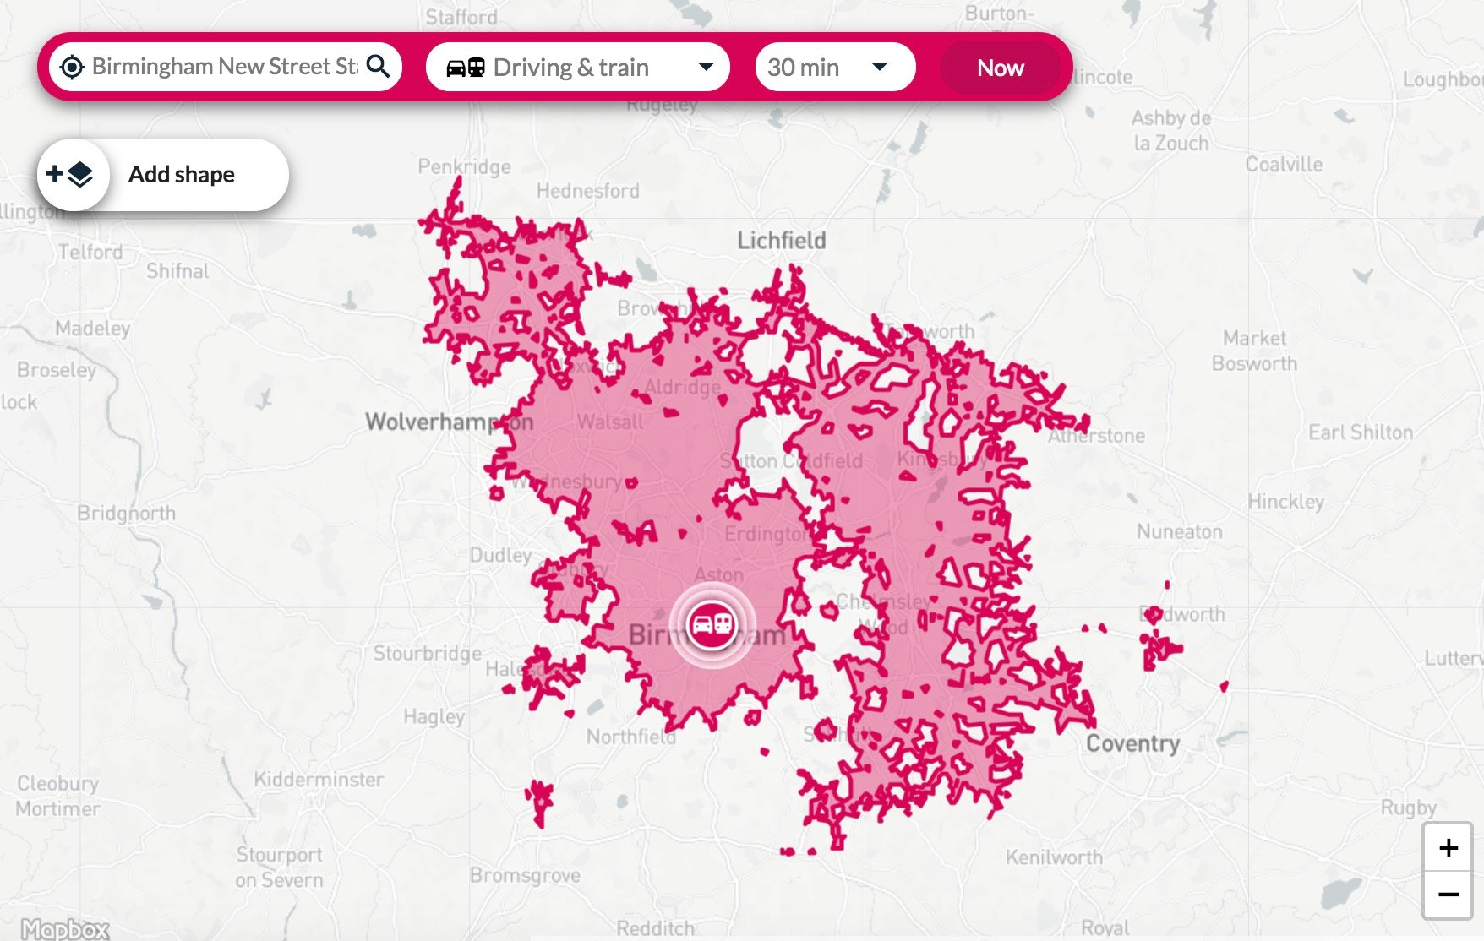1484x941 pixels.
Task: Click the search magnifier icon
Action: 379,66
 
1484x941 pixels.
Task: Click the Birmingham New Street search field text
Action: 223,67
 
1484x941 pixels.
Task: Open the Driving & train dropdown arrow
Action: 706,67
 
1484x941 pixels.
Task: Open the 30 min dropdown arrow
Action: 879,67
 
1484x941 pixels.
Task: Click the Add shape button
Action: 163,175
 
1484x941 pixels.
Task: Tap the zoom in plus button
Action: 1448,848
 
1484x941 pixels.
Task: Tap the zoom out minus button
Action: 1448,895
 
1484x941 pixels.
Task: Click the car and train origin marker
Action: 712,625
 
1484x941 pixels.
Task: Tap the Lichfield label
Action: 781,241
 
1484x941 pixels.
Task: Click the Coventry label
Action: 1132,743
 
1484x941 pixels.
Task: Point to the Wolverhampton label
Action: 449,422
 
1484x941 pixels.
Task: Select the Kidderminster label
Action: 319,779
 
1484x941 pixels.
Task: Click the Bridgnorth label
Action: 126,513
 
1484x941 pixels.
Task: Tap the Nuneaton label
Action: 1179,531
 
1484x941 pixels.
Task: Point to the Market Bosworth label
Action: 1254,351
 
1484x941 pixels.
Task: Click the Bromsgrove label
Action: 525,875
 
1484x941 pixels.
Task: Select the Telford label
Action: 90,252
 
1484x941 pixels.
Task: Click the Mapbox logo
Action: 65,929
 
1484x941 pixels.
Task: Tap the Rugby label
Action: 1408,808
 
